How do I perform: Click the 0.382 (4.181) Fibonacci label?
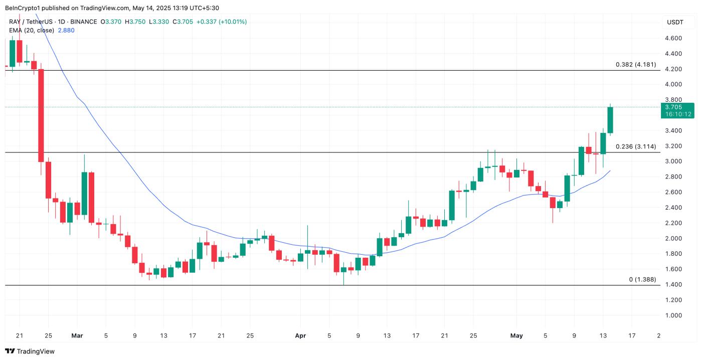point(635,65)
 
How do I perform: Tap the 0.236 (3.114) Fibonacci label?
point(635,146)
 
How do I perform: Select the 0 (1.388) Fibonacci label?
point(642,279)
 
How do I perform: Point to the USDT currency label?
point(675,22)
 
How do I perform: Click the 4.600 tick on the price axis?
point(673,38)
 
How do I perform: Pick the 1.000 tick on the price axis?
point(673,315)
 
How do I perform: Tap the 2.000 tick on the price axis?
point(673,238)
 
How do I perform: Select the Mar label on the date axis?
point(77,335)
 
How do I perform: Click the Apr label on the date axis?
point(300,335)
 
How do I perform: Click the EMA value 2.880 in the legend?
point(66,30)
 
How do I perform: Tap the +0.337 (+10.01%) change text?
point(222,22)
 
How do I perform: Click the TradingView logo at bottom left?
point(30,351)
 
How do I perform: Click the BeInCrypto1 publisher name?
point(23,8)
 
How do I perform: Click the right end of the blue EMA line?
point(610,171)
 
